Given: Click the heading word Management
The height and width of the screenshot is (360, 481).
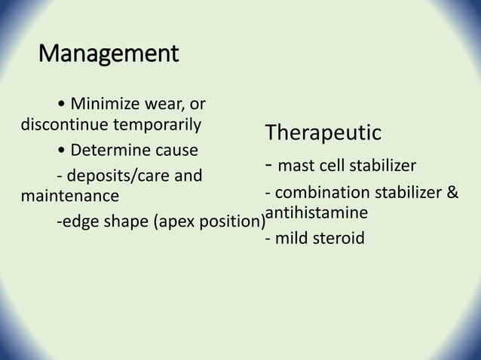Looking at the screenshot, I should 109,54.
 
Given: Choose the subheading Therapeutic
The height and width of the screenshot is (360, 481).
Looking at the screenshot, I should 323,133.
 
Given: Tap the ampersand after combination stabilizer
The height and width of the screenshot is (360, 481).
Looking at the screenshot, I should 452,194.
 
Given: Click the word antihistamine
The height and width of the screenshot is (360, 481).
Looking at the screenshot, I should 316,213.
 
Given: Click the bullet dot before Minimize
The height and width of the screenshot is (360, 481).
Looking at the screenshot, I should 60,104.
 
